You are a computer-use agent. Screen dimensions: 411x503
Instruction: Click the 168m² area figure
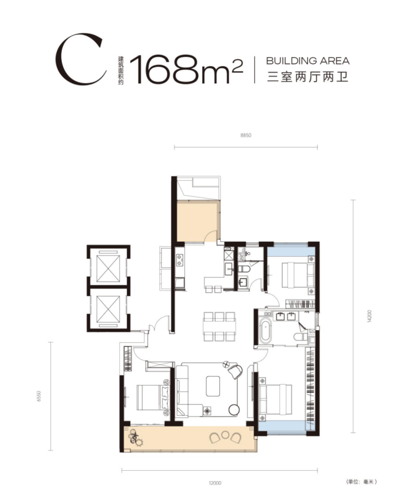click(x=186, y=69)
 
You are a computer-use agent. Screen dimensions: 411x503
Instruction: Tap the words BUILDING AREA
click(x=308, y=61)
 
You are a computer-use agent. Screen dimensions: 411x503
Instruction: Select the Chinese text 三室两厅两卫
click(x=308, y=77)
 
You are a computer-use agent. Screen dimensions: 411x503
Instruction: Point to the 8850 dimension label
click(x=246, y=136)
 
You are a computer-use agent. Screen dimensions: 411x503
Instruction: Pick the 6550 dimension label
click(x=39, y=396)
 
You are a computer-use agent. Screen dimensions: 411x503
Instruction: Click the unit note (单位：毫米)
click(x=362, y=481)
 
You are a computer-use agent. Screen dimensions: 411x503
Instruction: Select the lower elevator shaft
click(x=108, y=309)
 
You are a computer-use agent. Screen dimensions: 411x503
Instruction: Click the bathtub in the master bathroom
click(x=265, y=330)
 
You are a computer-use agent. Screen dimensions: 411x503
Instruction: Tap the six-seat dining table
click(x=219, y=327)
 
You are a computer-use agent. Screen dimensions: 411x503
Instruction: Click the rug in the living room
click(x=213, y=386)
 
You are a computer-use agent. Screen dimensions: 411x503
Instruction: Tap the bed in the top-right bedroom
click(x=298, y=275)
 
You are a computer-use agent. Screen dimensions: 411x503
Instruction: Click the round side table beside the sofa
click(x=234, y=410)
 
